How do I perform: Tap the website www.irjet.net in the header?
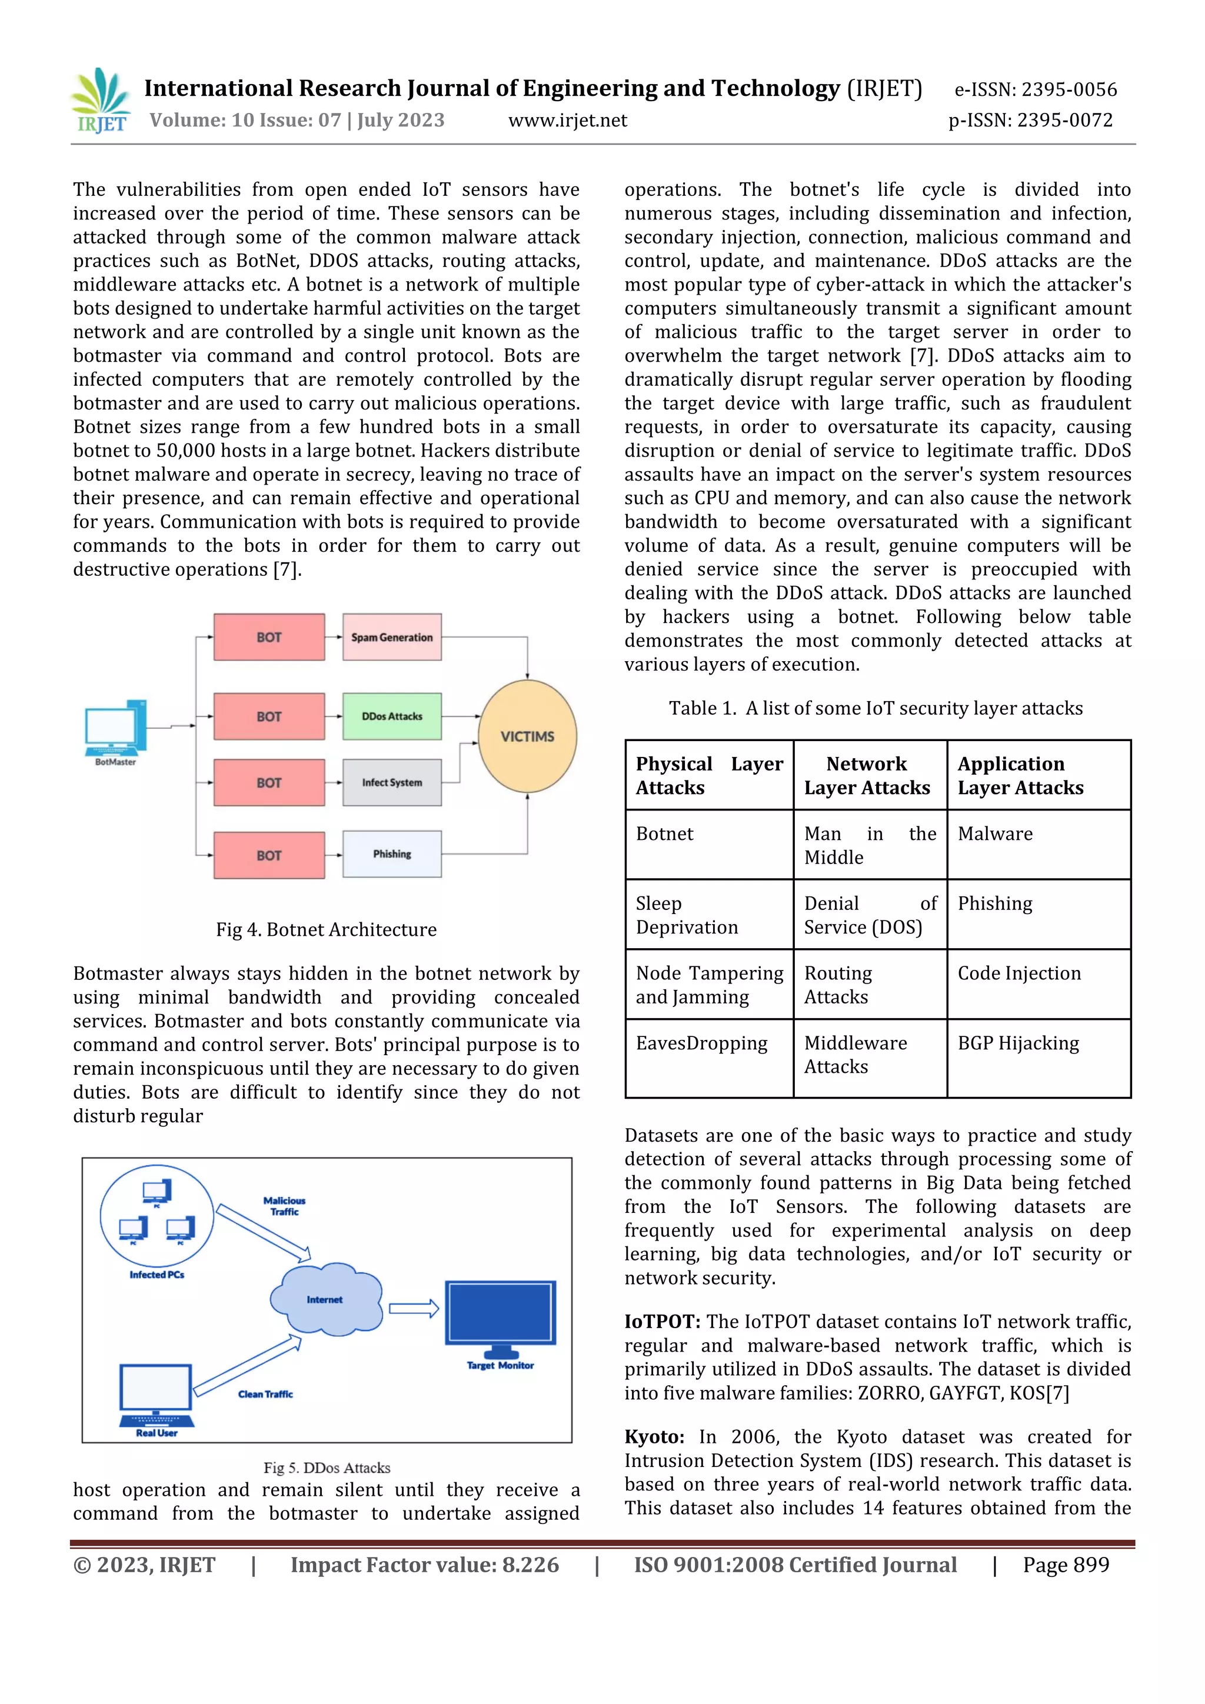[567, 120]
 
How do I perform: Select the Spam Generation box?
[391, 638]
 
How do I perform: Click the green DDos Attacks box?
[391, 716]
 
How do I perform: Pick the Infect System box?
[391, 782]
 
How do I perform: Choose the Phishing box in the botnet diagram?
[391, 854]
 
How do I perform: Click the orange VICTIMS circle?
[527, 736]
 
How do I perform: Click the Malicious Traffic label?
[284, 1205]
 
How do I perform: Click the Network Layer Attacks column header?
[867, 776]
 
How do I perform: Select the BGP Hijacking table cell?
[1018, 1043]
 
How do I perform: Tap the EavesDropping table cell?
[701, 1043]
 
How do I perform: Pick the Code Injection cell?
[1018, 973]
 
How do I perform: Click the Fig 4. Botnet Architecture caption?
[326, 929]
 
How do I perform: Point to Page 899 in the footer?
[1066, 1565]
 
